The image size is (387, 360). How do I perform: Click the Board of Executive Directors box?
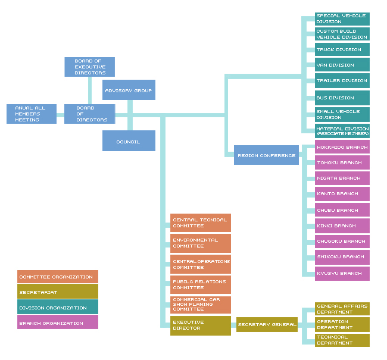coord(89,67)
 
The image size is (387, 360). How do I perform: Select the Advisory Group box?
coord(129,90)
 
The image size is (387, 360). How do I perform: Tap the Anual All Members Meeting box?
coord(32,114)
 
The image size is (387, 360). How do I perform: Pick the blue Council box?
coord(129,141)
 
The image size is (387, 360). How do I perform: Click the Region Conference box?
coord(266,155)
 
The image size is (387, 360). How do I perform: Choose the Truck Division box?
coord(342,49)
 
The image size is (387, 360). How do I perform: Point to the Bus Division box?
coord(342,98)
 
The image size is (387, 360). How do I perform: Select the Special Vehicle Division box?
coord(342,18)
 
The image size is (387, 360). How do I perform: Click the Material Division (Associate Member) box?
coord(342,131)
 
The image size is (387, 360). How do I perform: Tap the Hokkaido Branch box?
coord(342,146)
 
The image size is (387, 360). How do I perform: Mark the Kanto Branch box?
coord(342,193)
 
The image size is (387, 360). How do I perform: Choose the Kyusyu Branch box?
coord(342,273)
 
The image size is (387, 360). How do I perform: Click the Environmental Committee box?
coord(200,243)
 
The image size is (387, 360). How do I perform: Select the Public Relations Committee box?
coord(200,284)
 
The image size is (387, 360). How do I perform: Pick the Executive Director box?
coord(200,325)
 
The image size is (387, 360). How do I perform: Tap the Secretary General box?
coord(267,324)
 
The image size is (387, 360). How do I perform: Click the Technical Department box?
coord(342,340)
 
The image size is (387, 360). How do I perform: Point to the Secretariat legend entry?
coord(57,292)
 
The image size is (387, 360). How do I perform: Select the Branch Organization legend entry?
coord(57,323)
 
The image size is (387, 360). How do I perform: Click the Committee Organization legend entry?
coord(57,276)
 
